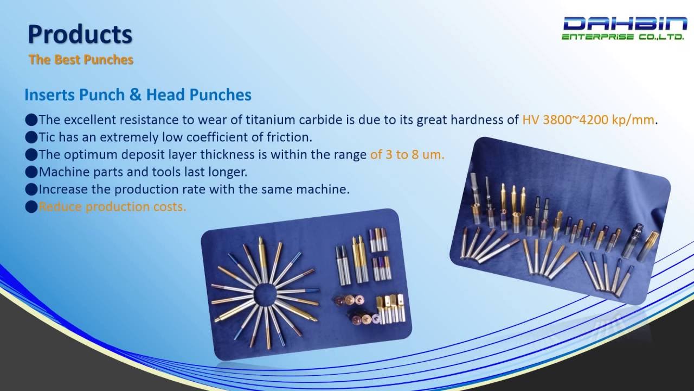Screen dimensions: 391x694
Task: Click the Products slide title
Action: (x=80, y=35)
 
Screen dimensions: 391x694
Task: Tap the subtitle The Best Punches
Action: (x=81, y=60)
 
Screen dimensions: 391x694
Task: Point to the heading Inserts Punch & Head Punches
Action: (x=138, y=95)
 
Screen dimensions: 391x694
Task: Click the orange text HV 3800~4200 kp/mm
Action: (x=588, y=120)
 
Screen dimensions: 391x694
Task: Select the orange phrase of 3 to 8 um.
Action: (x=407, y=155)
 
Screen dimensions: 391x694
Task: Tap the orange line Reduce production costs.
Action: (x=112, y=207)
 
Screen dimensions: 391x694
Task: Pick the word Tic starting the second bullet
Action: (x=48, y=137)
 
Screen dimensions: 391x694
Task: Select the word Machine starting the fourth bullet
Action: (x=60, y=172)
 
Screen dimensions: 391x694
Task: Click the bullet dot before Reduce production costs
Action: (x=31, y=207)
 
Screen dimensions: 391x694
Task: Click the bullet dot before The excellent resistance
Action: (x=31, y=120)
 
